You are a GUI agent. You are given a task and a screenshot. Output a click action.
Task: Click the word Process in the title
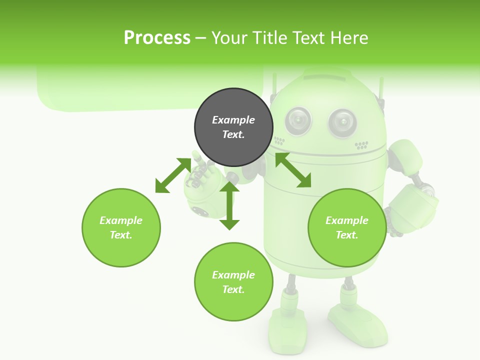pyautogui.click(x=157, y=37)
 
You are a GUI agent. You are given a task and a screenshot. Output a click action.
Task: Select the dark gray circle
pyautogui.click(x=233, y=127)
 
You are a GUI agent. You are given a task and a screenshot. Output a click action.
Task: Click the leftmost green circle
pyautogui.click(x=121, y=227)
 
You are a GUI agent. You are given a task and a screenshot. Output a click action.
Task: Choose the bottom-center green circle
pyautogui.click(x=233, y=282)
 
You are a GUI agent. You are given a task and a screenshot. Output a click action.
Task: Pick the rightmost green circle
pyautogui.click(x=347, y=227)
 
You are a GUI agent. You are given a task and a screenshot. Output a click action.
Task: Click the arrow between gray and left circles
pyautogui.click(x=173, y=175)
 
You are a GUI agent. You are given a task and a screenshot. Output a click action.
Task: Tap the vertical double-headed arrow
pyautogui.click(x=229, y=205)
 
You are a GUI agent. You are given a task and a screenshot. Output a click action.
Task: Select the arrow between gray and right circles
pyautogui.click(x=293, y=170)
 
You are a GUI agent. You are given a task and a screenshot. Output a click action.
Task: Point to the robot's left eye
pyautogui.click(x=298, y=120)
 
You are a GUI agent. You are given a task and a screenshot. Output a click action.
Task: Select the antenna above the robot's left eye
pyautogui.click(x=273, y=87)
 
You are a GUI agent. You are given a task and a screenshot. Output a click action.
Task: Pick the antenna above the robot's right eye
pyautogui.click(x=381, y=90)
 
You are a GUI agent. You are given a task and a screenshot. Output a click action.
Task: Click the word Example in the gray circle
pyautogui.click(x=233, y=120)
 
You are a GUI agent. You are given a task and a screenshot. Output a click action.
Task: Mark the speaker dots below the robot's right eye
pyautogui.click(x=361, y=145)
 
